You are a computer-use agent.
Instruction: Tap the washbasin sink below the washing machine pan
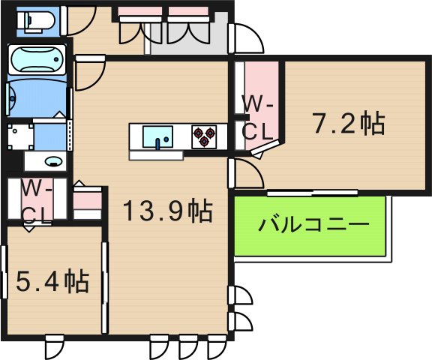coord(52,160)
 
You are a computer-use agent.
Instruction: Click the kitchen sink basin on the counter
coord(157,137)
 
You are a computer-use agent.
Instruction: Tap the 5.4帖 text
coord(52,281)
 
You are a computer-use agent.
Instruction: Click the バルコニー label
coord(314,225)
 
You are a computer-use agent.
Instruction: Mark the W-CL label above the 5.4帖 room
coord(35,200)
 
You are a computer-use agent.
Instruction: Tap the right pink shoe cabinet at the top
coord(187,12)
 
